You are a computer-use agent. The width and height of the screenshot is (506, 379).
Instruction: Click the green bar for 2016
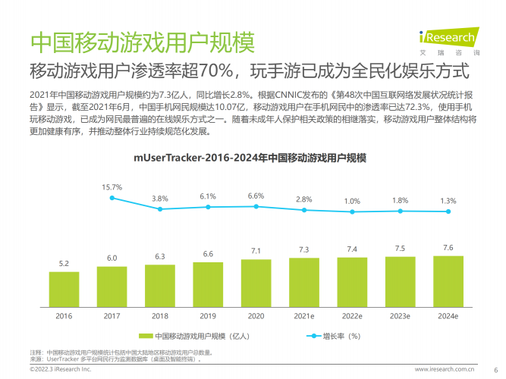pyautogui.click(x=64, y=288)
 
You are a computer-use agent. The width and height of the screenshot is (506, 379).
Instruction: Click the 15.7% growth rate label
pyautogui.click(x=112, y=186)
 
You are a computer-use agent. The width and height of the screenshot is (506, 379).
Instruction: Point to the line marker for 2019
pyautogui.click(x=208, y=207)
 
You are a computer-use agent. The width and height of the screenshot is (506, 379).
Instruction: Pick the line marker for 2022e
pyautogui.click(x=352, y=211)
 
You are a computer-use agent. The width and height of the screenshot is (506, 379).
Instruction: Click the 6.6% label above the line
pyautogui.click(x=256, y=196)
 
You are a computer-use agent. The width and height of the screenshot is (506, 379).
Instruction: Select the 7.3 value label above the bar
pyautogui.click(x=303, y=249)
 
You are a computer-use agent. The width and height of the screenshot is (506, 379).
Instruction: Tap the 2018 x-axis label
pyautogui.click(x=159, y=315)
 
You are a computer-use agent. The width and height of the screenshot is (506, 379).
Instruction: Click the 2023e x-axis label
pyautogui.click(x=400, y=315)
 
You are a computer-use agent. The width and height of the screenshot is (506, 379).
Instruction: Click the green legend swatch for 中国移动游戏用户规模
pyautogui.click(x=146, y=335)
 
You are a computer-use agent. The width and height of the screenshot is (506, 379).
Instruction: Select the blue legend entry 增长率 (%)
pyautogui.click(x=333, y=335)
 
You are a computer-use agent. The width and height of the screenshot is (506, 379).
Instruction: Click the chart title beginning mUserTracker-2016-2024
pyautogui.click(x=250, y=158)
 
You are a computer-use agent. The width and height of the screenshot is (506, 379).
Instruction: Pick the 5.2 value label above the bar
pyautogui.click(x=64, y=263)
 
